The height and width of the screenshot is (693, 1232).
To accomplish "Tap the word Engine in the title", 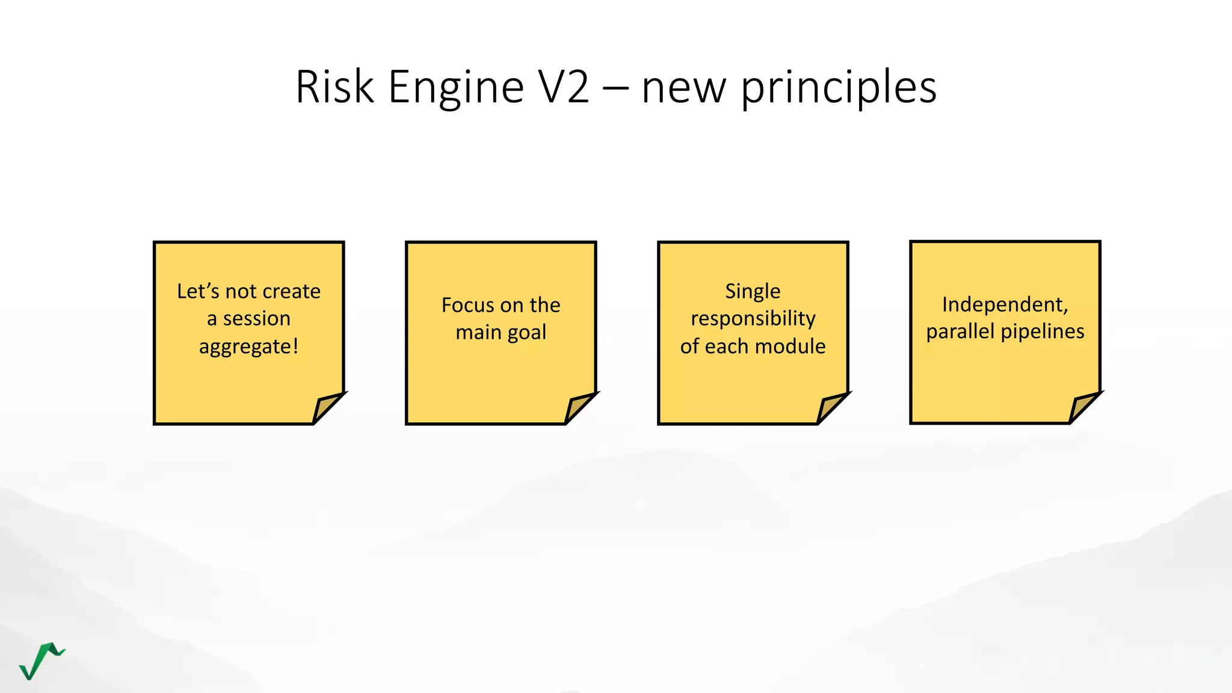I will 456,87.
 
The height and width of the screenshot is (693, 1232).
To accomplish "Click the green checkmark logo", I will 41,661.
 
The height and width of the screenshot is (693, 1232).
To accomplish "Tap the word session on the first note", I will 257,318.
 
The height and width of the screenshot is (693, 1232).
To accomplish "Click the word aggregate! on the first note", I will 248,347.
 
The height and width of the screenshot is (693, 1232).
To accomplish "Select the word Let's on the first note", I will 198,291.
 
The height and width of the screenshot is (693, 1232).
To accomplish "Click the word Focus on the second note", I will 467,305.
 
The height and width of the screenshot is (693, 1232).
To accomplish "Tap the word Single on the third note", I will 753,291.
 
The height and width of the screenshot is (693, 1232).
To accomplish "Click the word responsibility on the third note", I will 753,318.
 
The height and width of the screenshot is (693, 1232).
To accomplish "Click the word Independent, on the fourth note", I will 1005,304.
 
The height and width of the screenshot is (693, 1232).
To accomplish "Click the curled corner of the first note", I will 327,408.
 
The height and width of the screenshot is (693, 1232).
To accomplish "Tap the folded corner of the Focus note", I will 579,408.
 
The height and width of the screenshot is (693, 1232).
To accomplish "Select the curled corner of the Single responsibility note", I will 831,408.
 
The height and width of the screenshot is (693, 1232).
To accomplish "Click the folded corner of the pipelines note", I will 1083,407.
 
